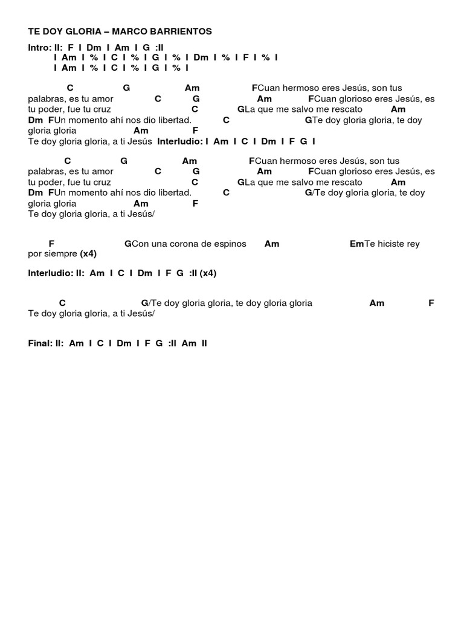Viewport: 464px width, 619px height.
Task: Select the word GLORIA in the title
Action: (x=82, y=31)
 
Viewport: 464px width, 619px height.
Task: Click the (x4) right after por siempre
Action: (x=88, y=253)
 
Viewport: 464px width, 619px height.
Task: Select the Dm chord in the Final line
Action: (x=124, y=343)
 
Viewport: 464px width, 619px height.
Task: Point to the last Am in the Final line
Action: (x=189, y=343)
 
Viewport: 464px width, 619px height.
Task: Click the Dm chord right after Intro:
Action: (x=93, y=47)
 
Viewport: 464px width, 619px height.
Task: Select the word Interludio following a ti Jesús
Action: (x=179, y=141)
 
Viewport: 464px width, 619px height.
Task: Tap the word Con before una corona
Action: (x=140, y=244)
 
